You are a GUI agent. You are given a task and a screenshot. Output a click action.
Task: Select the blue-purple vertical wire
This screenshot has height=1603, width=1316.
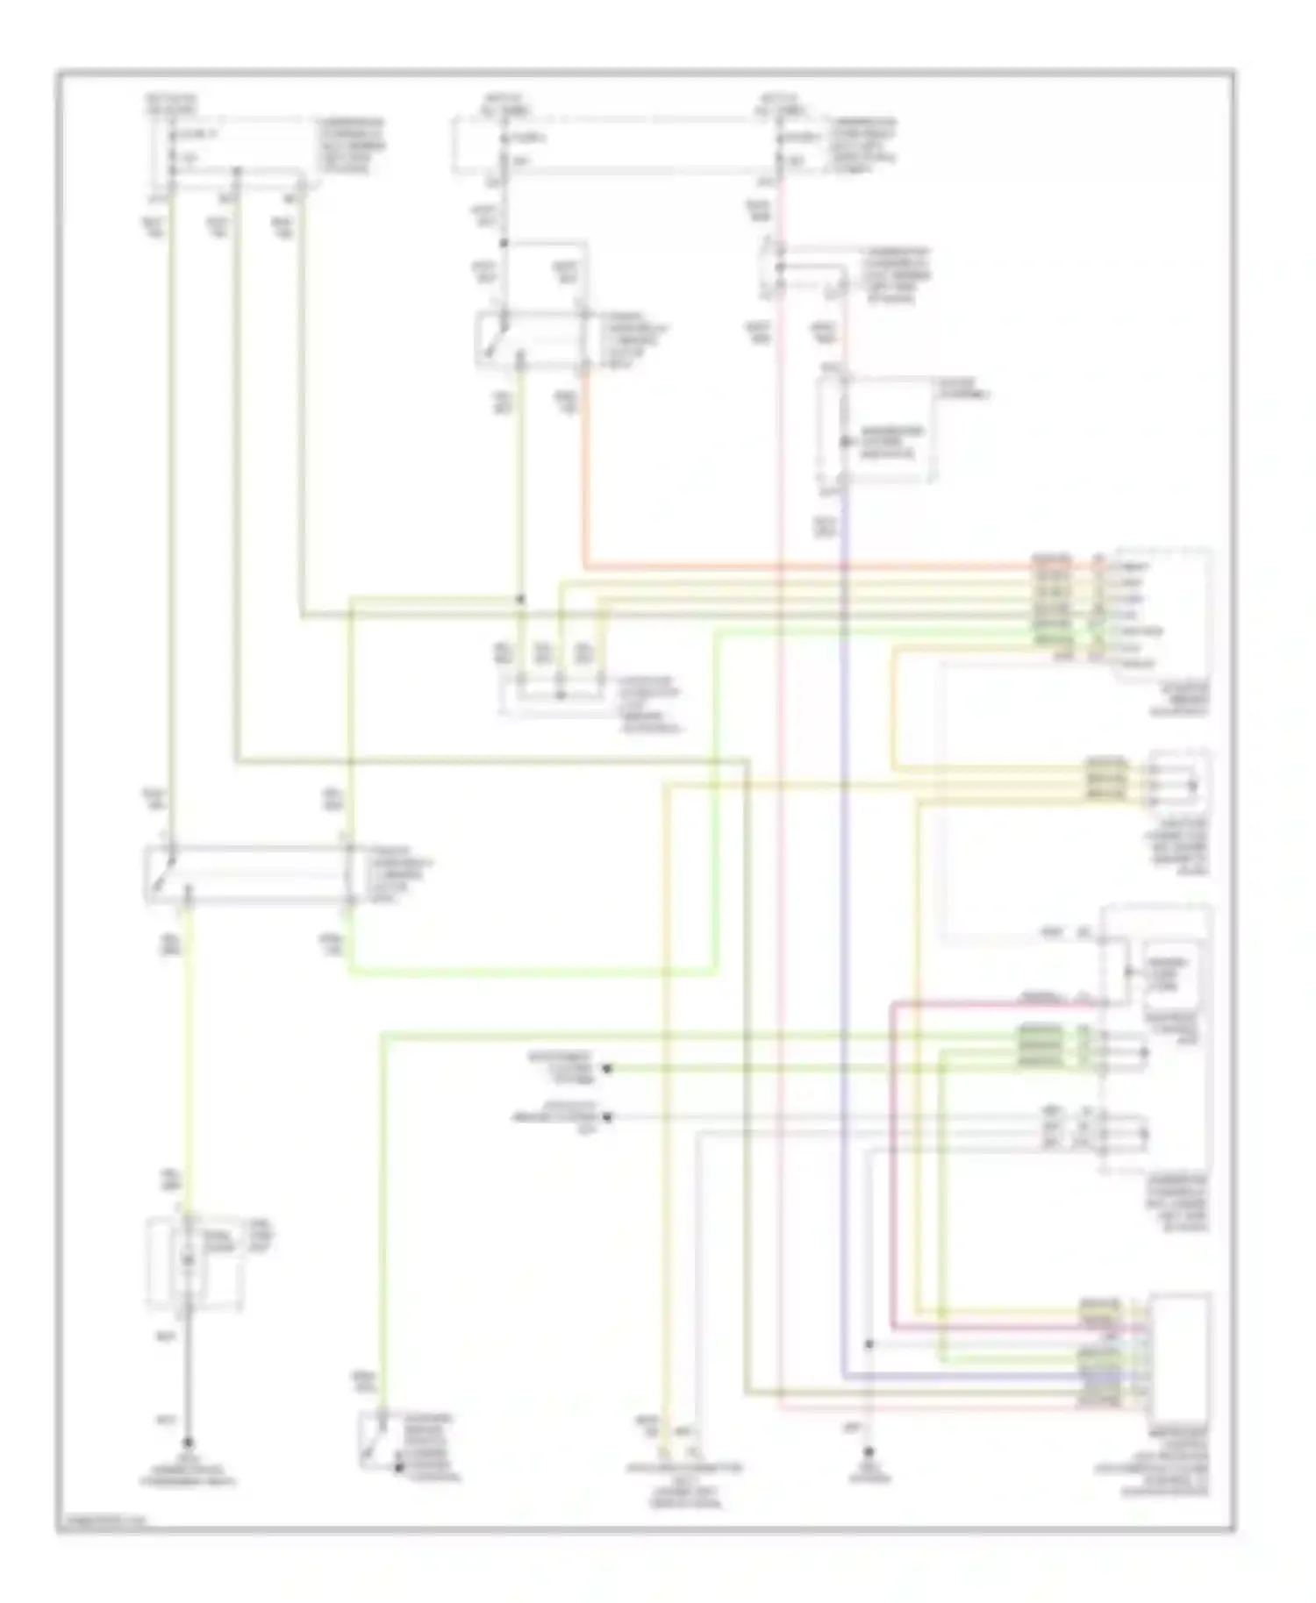tap(843, 965)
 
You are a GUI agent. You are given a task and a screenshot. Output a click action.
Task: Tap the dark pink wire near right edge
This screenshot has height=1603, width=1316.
tap(892, 1166)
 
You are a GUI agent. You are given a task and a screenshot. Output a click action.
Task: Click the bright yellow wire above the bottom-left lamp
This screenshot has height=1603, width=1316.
tap(187, 1052)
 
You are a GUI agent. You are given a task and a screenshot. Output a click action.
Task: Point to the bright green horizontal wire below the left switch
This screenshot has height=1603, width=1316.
tap(526, 972)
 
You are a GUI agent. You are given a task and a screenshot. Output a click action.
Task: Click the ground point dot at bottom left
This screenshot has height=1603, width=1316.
tap(187, 1443)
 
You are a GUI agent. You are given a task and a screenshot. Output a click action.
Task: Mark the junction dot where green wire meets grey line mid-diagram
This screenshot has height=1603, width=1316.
tap(520, 599)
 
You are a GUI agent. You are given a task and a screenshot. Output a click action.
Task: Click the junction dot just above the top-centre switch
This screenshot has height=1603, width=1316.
tap(504, 243)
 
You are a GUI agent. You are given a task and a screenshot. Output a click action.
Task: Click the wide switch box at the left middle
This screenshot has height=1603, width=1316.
tap(248, 874)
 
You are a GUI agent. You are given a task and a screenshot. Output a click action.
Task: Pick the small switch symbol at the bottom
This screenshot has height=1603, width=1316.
tap(379, 1442)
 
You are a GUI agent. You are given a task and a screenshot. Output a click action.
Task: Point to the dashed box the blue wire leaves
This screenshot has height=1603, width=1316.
tap(875, 430)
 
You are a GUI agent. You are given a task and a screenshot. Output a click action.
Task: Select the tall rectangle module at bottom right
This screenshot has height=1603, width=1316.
tap(1181, 1351)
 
